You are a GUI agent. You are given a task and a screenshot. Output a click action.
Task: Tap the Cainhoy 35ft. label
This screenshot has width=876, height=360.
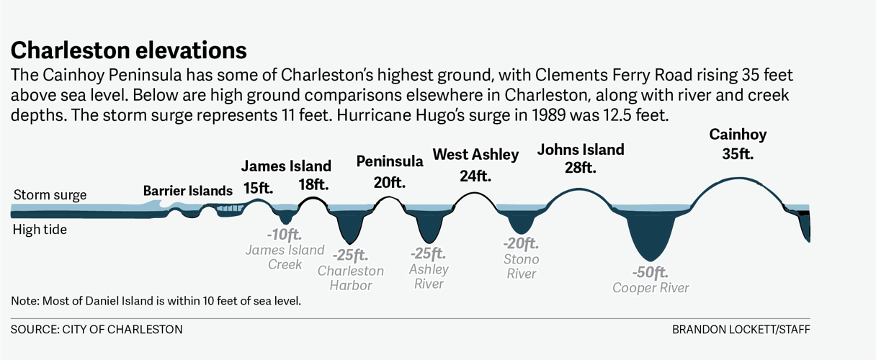[x=738, y=143]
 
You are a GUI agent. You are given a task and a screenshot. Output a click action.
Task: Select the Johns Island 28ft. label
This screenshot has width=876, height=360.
[x=581, y=158]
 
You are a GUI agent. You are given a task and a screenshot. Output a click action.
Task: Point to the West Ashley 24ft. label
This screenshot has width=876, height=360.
[x=475, y=164]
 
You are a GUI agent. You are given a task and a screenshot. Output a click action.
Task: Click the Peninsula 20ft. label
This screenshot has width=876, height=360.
[x=390, y=171]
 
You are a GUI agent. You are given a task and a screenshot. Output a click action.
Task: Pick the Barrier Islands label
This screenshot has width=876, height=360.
[x=187, y=191]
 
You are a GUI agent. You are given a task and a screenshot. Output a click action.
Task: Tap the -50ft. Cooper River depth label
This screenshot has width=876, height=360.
[x=651, y=280]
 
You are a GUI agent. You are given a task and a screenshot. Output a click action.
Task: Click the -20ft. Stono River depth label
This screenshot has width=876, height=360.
[x=521, y=258]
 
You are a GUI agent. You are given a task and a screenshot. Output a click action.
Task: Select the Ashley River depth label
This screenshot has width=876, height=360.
[x=429, y=268]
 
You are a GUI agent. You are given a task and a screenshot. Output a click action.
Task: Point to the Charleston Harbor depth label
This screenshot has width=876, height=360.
[x=351, y=269]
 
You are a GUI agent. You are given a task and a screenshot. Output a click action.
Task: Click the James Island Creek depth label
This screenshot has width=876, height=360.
[x=285, y=249]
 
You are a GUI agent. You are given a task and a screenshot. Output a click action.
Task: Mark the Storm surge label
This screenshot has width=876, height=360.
[x=50, y=195]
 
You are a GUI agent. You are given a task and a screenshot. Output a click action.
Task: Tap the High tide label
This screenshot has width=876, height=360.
[x=40, y=230]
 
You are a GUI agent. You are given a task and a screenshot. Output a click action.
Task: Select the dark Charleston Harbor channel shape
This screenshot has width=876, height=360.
[x=349, y=226]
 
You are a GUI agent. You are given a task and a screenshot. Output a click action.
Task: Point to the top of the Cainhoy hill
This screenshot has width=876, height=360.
[x=736, y=178]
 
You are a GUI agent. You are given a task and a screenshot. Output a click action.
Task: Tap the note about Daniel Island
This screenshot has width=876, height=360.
[x=156, y=300]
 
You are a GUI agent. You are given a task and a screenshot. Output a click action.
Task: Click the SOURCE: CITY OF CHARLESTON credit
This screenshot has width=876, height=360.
[x=97, y=329]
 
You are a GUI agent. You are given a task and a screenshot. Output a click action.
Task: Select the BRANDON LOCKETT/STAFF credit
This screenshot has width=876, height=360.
[x=741, y=329]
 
